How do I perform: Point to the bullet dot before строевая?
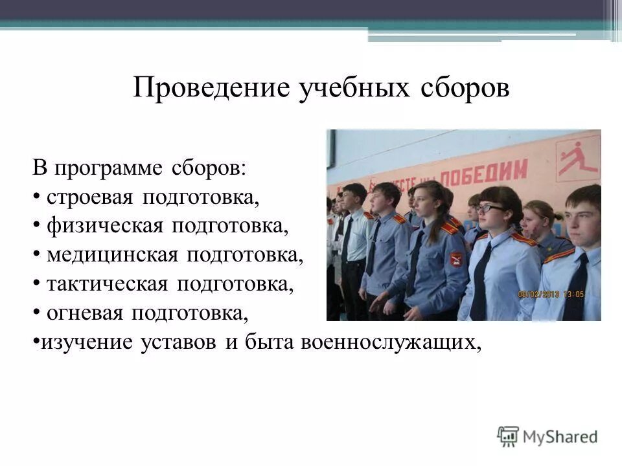(x=37, y=197)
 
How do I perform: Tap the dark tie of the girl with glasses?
(x=481, y=285)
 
